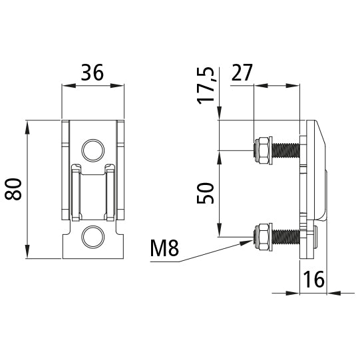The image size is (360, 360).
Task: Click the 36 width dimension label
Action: pyautogui.click(x=92, y=73)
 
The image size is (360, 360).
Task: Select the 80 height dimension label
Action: pyautogui.click(x=14, y=189)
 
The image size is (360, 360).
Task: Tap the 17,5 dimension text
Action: pyautogui.click(x=208, y=85)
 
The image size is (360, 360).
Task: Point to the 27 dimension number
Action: pyautogui.click(x=242, y=73)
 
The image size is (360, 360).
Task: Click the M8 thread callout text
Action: pyautogui.click(x=164, y=249)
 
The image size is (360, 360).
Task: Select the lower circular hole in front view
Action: pyautogui.click(x=92, y=236)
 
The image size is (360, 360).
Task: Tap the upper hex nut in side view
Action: pyautogui.click(x=263, y=150)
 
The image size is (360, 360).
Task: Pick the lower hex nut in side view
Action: pyautogui.click(x=263, y=237)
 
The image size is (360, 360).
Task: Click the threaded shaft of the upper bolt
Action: pyautogui.click(x=286, y=150)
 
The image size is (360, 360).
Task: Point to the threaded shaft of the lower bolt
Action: pyautogui.click(x=286, y=237)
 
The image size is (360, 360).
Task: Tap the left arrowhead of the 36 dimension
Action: pyautogui.click(x=65, y=85)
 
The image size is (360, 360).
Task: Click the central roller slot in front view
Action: pyautogui.click(x=92, y=196)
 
